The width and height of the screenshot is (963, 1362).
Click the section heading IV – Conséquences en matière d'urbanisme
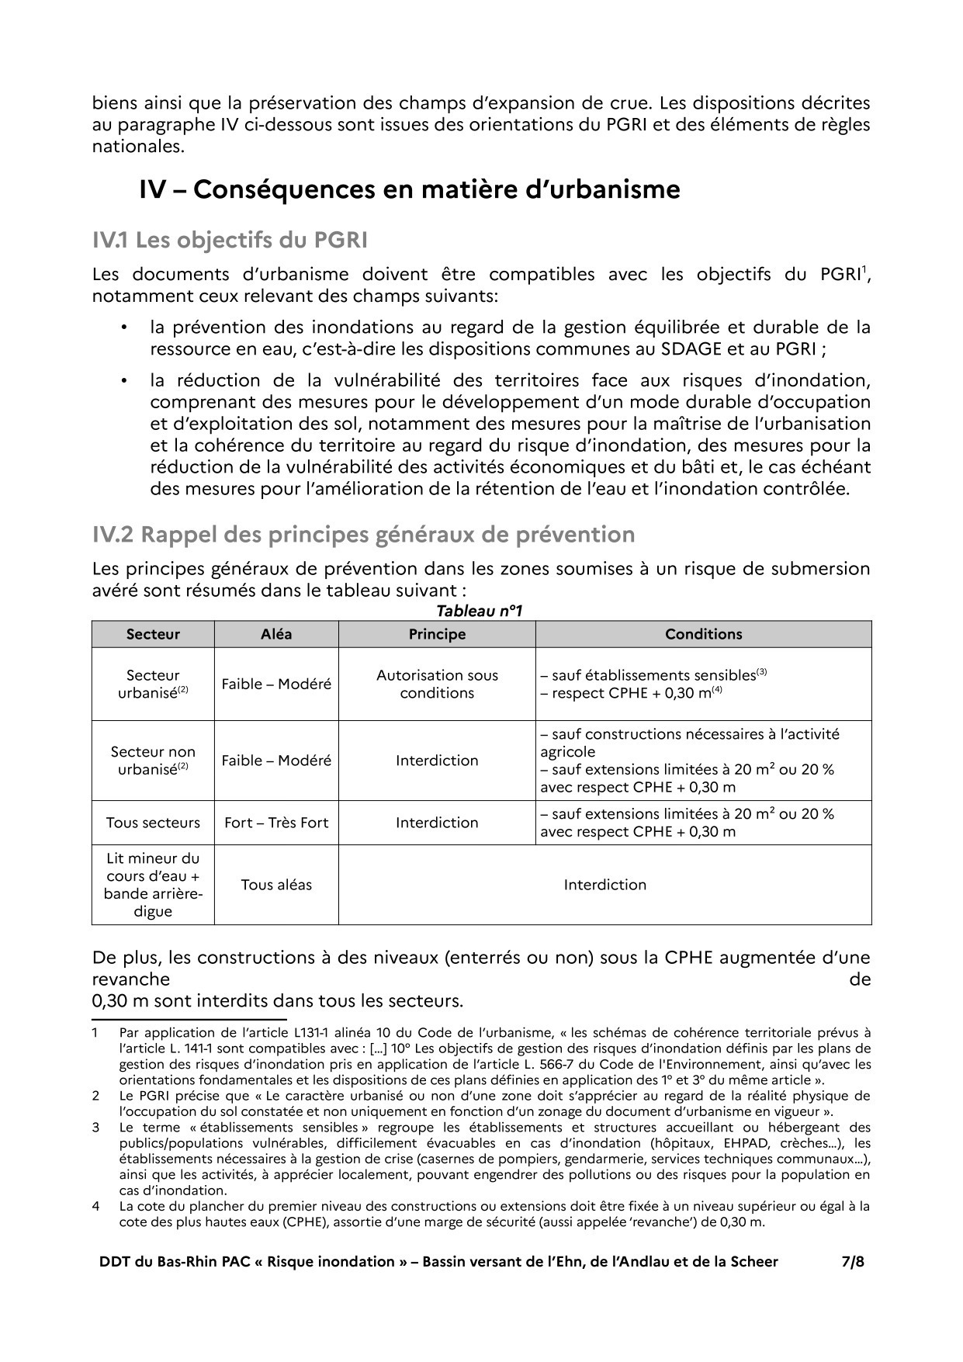(x=409, y=189)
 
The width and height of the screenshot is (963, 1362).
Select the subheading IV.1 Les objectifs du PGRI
(x=230, y=241)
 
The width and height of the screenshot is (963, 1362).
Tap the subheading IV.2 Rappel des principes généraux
(x=363, y=535)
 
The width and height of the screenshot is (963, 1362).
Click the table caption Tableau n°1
(x=480, y=612)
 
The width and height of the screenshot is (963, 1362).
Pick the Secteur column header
(x=153, y=634)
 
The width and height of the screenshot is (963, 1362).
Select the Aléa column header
(x=276, y=634)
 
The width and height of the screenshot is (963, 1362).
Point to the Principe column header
(x=437, y=634)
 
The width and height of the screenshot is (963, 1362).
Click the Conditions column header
(x=703, y=634)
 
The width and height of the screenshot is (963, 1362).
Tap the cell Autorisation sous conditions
(x=437, y=684)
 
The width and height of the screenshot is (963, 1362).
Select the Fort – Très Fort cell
(x=276, y=823)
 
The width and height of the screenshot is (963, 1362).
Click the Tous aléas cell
(x=276, y=885)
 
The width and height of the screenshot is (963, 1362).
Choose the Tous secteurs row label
(x=153, y=823)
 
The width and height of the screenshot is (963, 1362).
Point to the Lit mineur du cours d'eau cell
(x=153, y=885)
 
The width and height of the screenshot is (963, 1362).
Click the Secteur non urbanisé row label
(x=153, y=761)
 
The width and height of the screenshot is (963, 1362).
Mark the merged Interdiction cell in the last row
(x=604, y=885)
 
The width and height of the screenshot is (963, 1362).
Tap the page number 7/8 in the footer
(x=853, y=1261)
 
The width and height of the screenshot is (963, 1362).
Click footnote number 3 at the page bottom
(x=95, y=1127)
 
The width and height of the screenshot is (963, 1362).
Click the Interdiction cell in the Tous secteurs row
(x=437, y=823)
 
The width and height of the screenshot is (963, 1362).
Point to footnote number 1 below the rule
(x=95, y=1033)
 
